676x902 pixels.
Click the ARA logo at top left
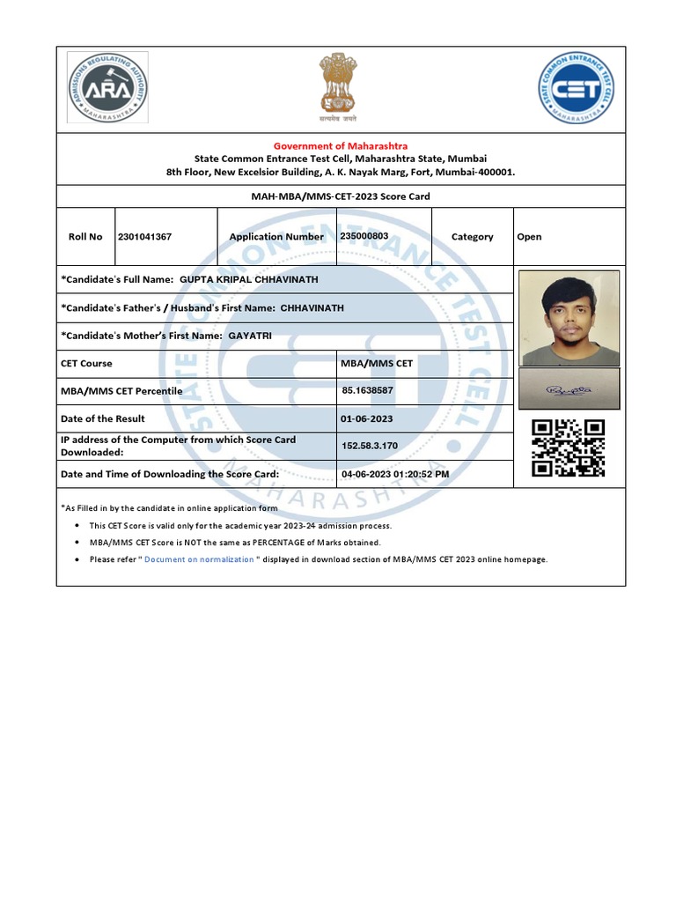pos(107,87)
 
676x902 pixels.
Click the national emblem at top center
pos(338,86)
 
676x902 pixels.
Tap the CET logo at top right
pos(576,87)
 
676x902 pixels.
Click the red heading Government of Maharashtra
pos(340,145)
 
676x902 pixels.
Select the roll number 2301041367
pos(144,236)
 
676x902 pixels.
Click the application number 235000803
pos(364,236)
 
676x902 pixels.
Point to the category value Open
pos(529,237)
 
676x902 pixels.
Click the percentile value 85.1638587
pos(367,390)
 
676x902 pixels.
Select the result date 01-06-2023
pos(366,418)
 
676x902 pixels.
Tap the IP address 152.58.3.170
pos(369,446)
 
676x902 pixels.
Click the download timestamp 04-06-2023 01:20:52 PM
pos(394,474)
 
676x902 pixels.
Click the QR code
pos(569,447)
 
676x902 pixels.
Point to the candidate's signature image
pos(569,388)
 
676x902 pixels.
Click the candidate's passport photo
pos(569,318)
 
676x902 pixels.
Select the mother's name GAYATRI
pos(251,336)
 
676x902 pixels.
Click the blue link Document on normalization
pos(199,559)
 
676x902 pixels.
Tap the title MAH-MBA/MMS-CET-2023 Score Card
pos(340,196)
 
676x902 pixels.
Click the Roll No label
pos(85,237)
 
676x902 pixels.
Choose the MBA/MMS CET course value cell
pos(376,363)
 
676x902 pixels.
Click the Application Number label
pos(276,237)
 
